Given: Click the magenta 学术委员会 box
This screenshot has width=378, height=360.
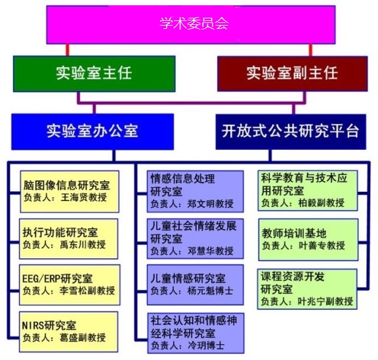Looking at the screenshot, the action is tap(191, 24).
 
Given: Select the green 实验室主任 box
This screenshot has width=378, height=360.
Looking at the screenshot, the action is tap(94, 74).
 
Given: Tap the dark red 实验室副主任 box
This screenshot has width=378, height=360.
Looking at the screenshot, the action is tap(293, 74).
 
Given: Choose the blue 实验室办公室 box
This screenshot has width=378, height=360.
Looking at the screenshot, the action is tap(93, 132).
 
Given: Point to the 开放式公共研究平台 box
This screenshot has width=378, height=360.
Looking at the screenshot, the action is tap(291, 132).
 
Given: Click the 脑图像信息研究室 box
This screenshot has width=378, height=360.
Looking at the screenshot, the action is tap(70, 192).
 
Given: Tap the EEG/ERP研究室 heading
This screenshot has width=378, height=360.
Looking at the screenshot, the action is tap(57, 279).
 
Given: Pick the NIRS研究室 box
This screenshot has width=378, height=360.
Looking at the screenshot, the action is tap(69, 332).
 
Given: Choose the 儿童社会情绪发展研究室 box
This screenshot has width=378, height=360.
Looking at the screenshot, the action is tap(196, 238).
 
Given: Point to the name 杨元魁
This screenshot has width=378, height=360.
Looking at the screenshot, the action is tap(201, 290).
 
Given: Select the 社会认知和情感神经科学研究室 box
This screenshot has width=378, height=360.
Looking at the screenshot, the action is tap(196, 333).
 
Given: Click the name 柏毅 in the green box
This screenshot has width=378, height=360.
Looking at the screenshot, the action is tap(307, 203).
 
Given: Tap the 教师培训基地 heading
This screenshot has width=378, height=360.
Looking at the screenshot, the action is tap(294, 233).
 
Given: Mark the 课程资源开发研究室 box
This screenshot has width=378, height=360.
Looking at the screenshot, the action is tap(307, 289).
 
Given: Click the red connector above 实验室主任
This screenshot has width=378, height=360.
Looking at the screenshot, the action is tap(68, 50).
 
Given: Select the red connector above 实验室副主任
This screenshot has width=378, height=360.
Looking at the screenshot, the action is tap(311, 50).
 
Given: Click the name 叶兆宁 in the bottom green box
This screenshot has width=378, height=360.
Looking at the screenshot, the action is tap(312, 302).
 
